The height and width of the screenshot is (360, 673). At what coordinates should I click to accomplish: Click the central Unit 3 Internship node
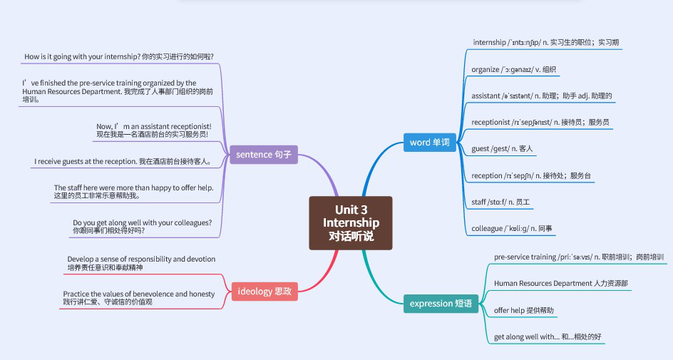pyautogui.click(x=350, y=222)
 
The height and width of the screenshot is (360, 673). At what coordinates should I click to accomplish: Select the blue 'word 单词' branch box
pyautogui.click(x=430, y=142)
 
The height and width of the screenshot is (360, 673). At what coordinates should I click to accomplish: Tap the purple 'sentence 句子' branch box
pyautogui.click(x=263, y=154)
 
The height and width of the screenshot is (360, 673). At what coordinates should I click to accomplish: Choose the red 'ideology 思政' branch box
pyautogui.click(x=264, y=291)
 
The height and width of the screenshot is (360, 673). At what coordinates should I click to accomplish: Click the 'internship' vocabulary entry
pyautogui.click(x=546, y=43)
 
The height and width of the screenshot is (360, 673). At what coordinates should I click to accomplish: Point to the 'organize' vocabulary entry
pyautogui.click(x=513, y=70)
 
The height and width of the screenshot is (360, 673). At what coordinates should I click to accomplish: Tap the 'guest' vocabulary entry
pyautogui.click(x=503, y=148)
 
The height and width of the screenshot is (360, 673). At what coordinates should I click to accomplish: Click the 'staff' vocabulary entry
pyautogui.click(x=500, y=202)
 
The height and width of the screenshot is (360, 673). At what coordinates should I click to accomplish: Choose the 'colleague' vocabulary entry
pyautogui.click(x=512, y=229)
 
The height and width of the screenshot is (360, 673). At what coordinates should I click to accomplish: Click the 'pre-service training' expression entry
pyautogui.click(x=578, y=257)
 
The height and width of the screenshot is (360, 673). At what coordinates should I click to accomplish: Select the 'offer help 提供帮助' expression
pyautogui.click(x=524, y=311)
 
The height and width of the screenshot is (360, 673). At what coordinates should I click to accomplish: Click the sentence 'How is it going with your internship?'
pyautogui.click(x=119, y=56)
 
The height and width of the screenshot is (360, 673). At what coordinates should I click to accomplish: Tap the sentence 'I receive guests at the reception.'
pyautogui.click(x=123, y=162)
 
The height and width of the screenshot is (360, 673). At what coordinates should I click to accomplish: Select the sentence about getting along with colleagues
pyautogui.click(x=143, y=227)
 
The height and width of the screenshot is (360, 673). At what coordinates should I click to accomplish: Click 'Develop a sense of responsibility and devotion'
pyautogui.click(x=141, y=263)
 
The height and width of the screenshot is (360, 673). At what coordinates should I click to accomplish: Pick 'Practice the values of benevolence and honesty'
pyautogui.click(x=138, y=298)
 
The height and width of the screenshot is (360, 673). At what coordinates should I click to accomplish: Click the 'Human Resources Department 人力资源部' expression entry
pyautogui.click(x=562, y=284)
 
